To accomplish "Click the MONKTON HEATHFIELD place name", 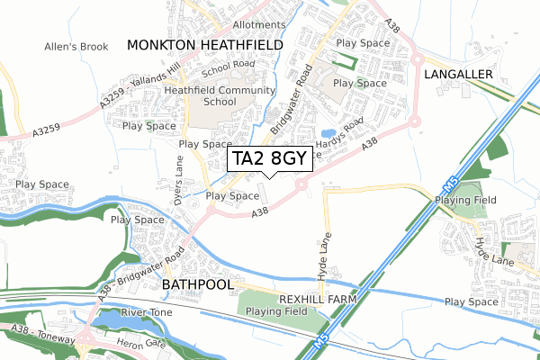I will pyautogui.click(x=204, y=44).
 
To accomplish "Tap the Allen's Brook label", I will pyautogui.click(x=76, y=46).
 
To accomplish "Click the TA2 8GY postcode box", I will pyautogui.click(x=270, y=159).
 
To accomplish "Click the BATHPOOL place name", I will pyautogui.click(x=197, y=283).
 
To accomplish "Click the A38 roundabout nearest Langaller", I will pyautogui.click(x=415, y=121).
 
